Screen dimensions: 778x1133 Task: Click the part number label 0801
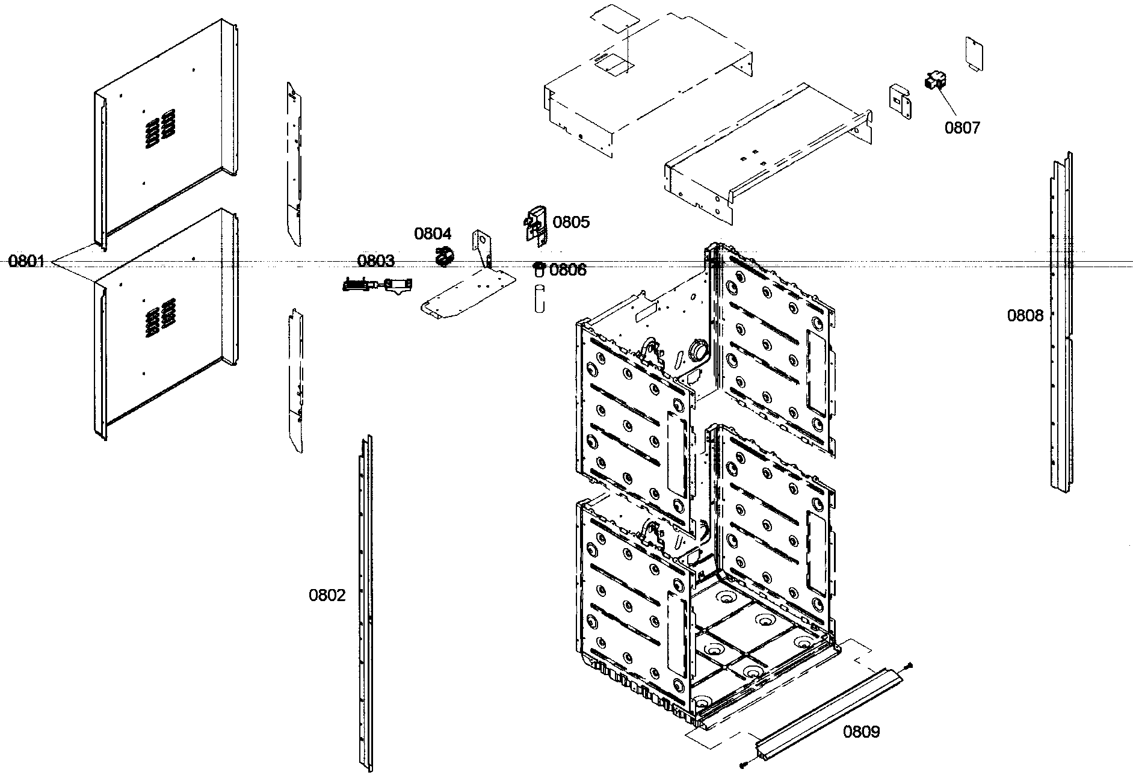[26, 261]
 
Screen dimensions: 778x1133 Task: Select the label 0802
[327, 596]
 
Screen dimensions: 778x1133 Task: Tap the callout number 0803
[375, 261]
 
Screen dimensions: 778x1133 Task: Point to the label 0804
[432, 233]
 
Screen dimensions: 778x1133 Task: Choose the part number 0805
[571, 222]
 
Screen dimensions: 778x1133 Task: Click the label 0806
[567, 270]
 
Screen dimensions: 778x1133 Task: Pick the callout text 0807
[962, 128]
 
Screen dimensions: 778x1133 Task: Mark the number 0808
[1025, 315]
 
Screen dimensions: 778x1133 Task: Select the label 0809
[861, 732]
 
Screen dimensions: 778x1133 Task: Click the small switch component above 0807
[934, 81]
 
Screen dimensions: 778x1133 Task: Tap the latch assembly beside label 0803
[378, 284]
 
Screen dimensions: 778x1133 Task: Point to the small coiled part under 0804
[443, 257]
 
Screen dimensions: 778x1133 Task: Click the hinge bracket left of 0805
[535, 226]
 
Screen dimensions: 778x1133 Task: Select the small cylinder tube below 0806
[539, 298]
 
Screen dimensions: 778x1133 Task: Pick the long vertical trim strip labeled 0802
[366, 602]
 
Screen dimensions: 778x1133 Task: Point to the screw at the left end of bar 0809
[744, 765]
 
